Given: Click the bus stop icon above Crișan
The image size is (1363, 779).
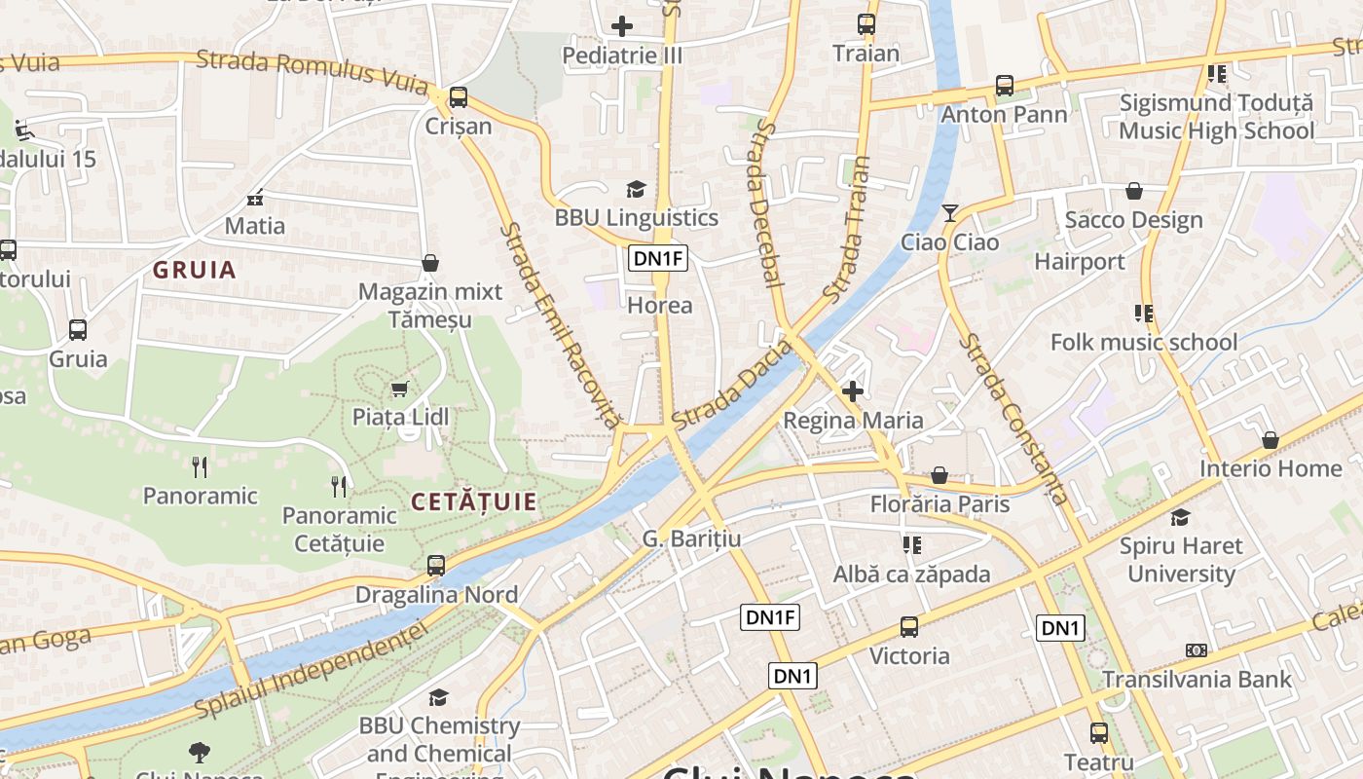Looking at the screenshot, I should point(458,97).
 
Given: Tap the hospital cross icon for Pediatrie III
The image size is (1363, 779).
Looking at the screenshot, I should point(622,26).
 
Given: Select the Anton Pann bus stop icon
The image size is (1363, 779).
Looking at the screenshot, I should point(1005,86).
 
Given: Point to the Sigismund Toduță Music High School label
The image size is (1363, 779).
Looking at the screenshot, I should point(1216,117).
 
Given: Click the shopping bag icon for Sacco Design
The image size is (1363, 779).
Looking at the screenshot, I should point(1133,191).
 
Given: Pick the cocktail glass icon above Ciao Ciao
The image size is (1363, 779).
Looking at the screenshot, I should point(950,212).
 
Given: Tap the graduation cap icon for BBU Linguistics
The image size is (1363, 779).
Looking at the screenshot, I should point(636,189).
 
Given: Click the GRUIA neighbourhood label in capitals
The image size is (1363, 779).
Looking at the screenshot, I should point(195,271).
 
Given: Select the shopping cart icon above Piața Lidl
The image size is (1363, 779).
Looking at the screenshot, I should point(399,389).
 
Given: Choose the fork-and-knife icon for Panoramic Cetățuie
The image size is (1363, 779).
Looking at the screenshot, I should point(339,485).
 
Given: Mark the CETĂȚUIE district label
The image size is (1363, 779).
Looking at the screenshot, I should point(473,502).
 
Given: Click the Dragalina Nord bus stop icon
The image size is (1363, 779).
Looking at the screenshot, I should point(436,565).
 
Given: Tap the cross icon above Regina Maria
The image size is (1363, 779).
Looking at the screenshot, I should point(853,391).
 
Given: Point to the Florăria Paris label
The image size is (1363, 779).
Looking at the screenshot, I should point(939,504).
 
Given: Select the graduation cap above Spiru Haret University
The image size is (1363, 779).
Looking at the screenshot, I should point(1181,517).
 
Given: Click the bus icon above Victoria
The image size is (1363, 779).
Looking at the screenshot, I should point(909,627).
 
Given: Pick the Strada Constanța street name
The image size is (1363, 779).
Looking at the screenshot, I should point(1013,419).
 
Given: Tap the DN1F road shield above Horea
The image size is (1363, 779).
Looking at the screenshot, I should point(659,258).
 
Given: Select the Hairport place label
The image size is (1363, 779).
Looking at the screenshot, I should point(1079,262).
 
